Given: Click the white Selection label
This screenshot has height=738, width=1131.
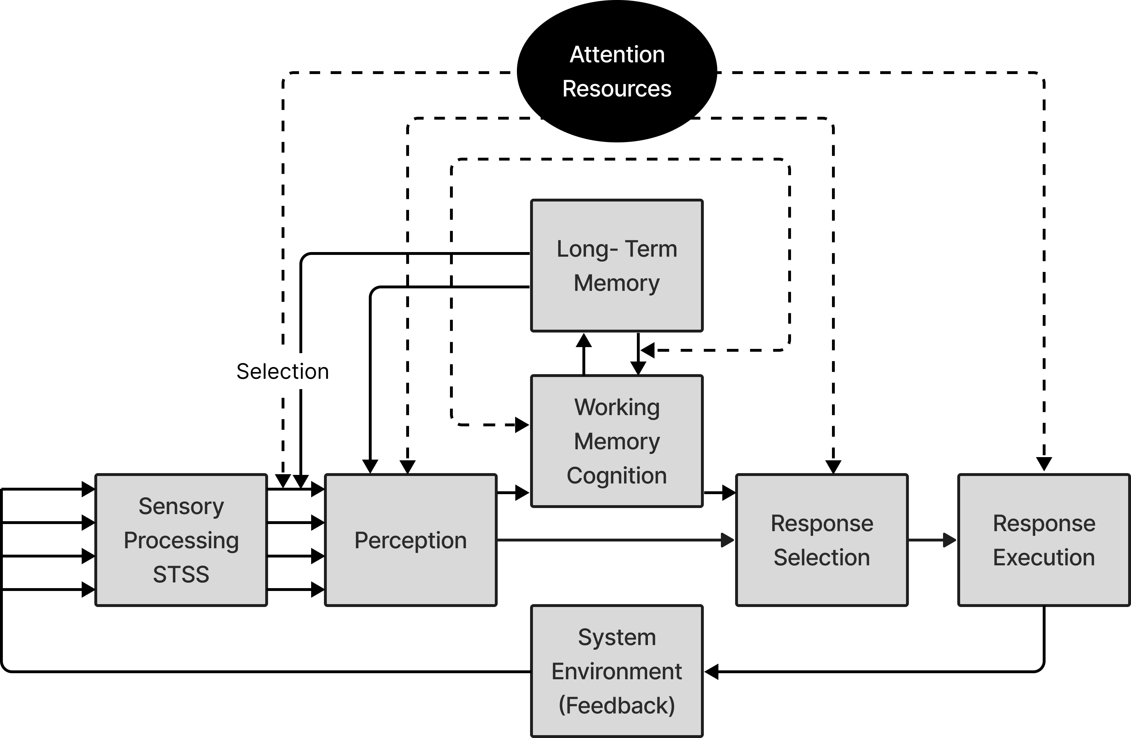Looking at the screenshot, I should [283, 371].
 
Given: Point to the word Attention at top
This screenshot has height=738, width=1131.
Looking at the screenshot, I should [617, 55].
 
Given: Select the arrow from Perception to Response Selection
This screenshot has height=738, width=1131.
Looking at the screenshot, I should [613, 540].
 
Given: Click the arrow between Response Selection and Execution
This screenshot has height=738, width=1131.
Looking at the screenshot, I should [931, 540].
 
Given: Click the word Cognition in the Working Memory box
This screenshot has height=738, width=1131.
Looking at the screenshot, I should [616, 476].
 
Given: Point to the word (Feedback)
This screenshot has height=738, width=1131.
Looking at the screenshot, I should [616, 705].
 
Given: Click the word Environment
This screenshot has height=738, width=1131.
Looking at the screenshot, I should [616, 671].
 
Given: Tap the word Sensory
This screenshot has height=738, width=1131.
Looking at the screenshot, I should [181, 506].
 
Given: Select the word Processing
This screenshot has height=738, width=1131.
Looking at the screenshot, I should [181, 540].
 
